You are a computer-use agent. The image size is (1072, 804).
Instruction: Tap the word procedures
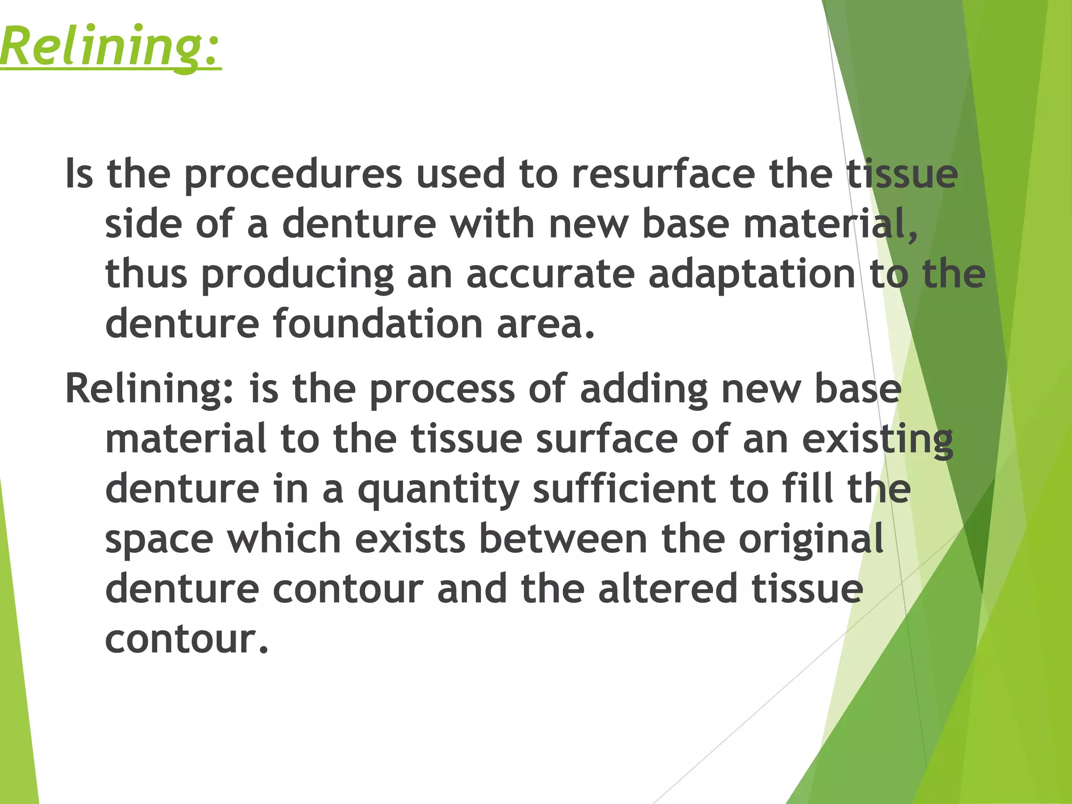(293, 175)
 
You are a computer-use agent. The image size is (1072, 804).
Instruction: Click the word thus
(146, 274)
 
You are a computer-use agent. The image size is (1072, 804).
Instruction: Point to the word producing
(297, 275)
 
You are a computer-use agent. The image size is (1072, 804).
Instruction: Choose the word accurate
(550, 274)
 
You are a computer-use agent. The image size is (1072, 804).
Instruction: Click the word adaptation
(752, 274)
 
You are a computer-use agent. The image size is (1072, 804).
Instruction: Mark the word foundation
(377, 324)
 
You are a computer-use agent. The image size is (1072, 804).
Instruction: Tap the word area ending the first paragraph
(544, 324)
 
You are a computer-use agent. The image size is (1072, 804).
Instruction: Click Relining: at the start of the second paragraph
(150, 389)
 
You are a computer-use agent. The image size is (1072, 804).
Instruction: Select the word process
(442, 389)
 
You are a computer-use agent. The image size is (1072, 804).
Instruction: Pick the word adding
(644, 389)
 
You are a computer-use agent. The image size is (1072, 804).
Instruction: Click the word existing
(877, 440)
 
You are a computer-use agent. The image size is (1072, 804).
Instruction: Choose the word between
(563, 539)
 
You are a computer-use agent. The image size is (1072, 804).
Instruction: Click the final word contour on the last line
(186, 639)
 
